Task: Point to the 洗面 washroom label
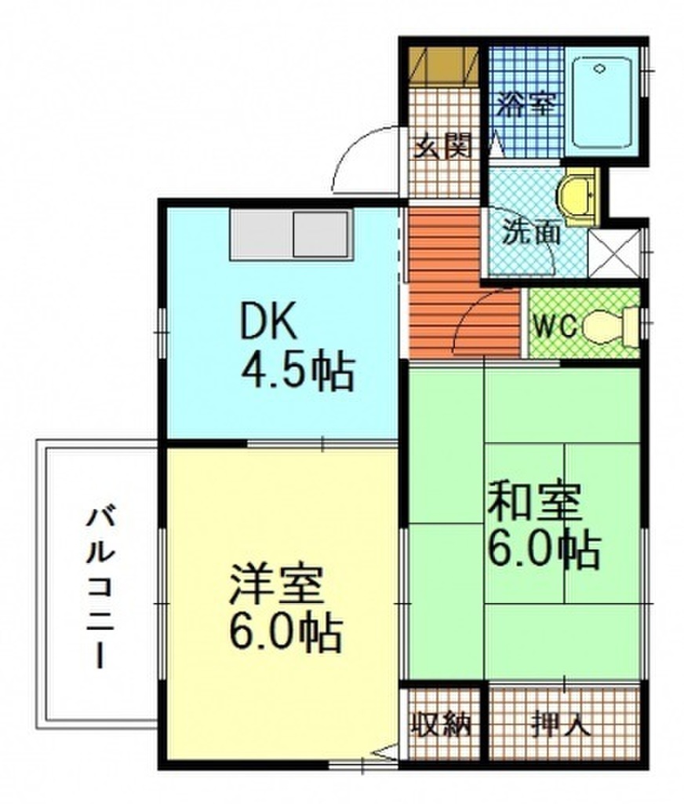(531, 232)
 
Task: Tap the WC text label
(556, 326)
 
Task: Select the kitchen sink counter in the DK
(291, 234)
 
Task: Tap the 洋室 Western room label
(277, 584)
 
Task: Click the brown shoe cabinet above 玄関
(444, 64)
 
